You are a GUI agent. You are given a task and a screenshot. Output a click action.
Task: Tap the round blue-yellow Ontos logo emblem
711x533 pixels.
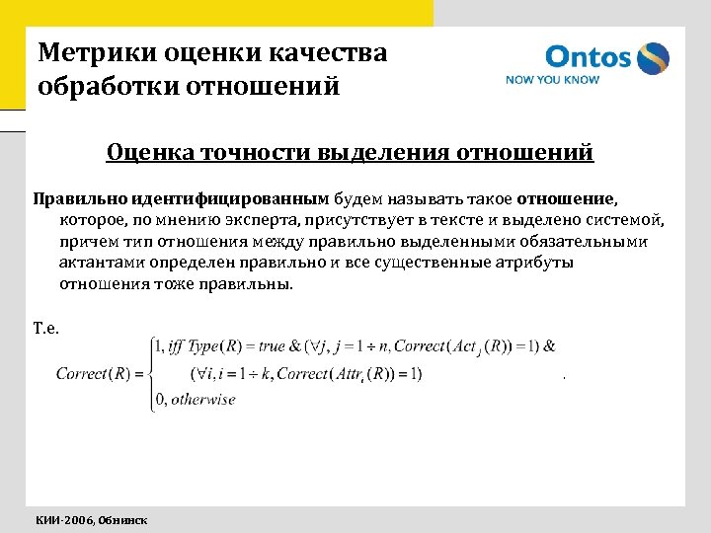(652, 58)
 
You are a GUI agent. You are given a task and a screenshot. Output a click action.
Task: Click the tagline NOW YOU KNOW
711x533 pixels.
(552, 80)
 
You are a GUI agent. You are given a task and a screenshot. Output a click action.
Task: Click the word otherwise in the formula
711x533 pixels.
(203, 400)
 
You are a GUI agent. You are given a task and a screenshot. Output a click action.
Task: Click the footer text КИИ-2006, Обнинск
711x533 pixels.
(92, 519)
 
